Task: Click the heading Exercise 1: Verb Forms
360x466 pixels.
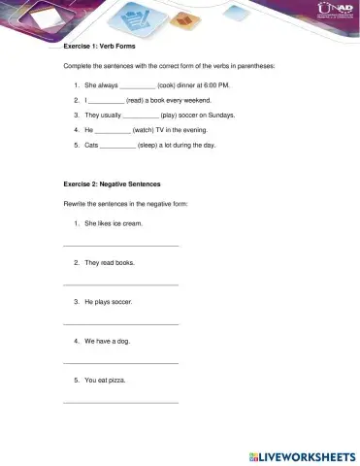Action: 99,46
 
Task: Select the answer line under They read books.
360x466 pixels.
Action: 120,284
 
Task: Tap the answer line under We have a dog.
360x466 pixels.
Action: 120,363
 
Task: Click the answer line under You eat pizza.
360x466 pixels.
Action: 120,402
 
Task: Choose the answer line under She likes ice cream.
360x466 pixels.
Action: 120,246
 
